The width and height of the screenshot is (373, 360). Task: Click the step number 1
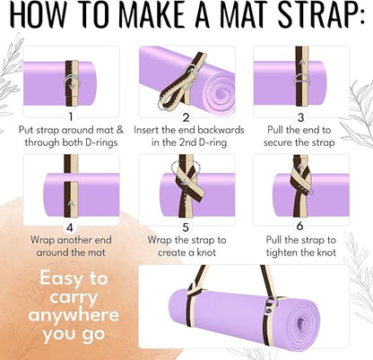pos(69,116)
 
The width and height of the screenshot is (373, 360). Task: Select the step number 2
pos(186,116)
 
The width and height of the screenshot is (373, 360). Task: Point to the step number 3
pos(302,116)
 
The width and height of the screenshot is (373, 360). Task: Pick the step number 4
pos(69,227)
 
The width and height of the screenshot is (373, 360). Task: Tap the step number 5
pos(186,227)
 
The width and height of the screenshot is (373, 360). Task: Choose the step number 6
pos(302,227)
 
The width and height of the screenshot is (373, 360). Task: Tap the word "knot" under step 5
pos(207,257)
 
